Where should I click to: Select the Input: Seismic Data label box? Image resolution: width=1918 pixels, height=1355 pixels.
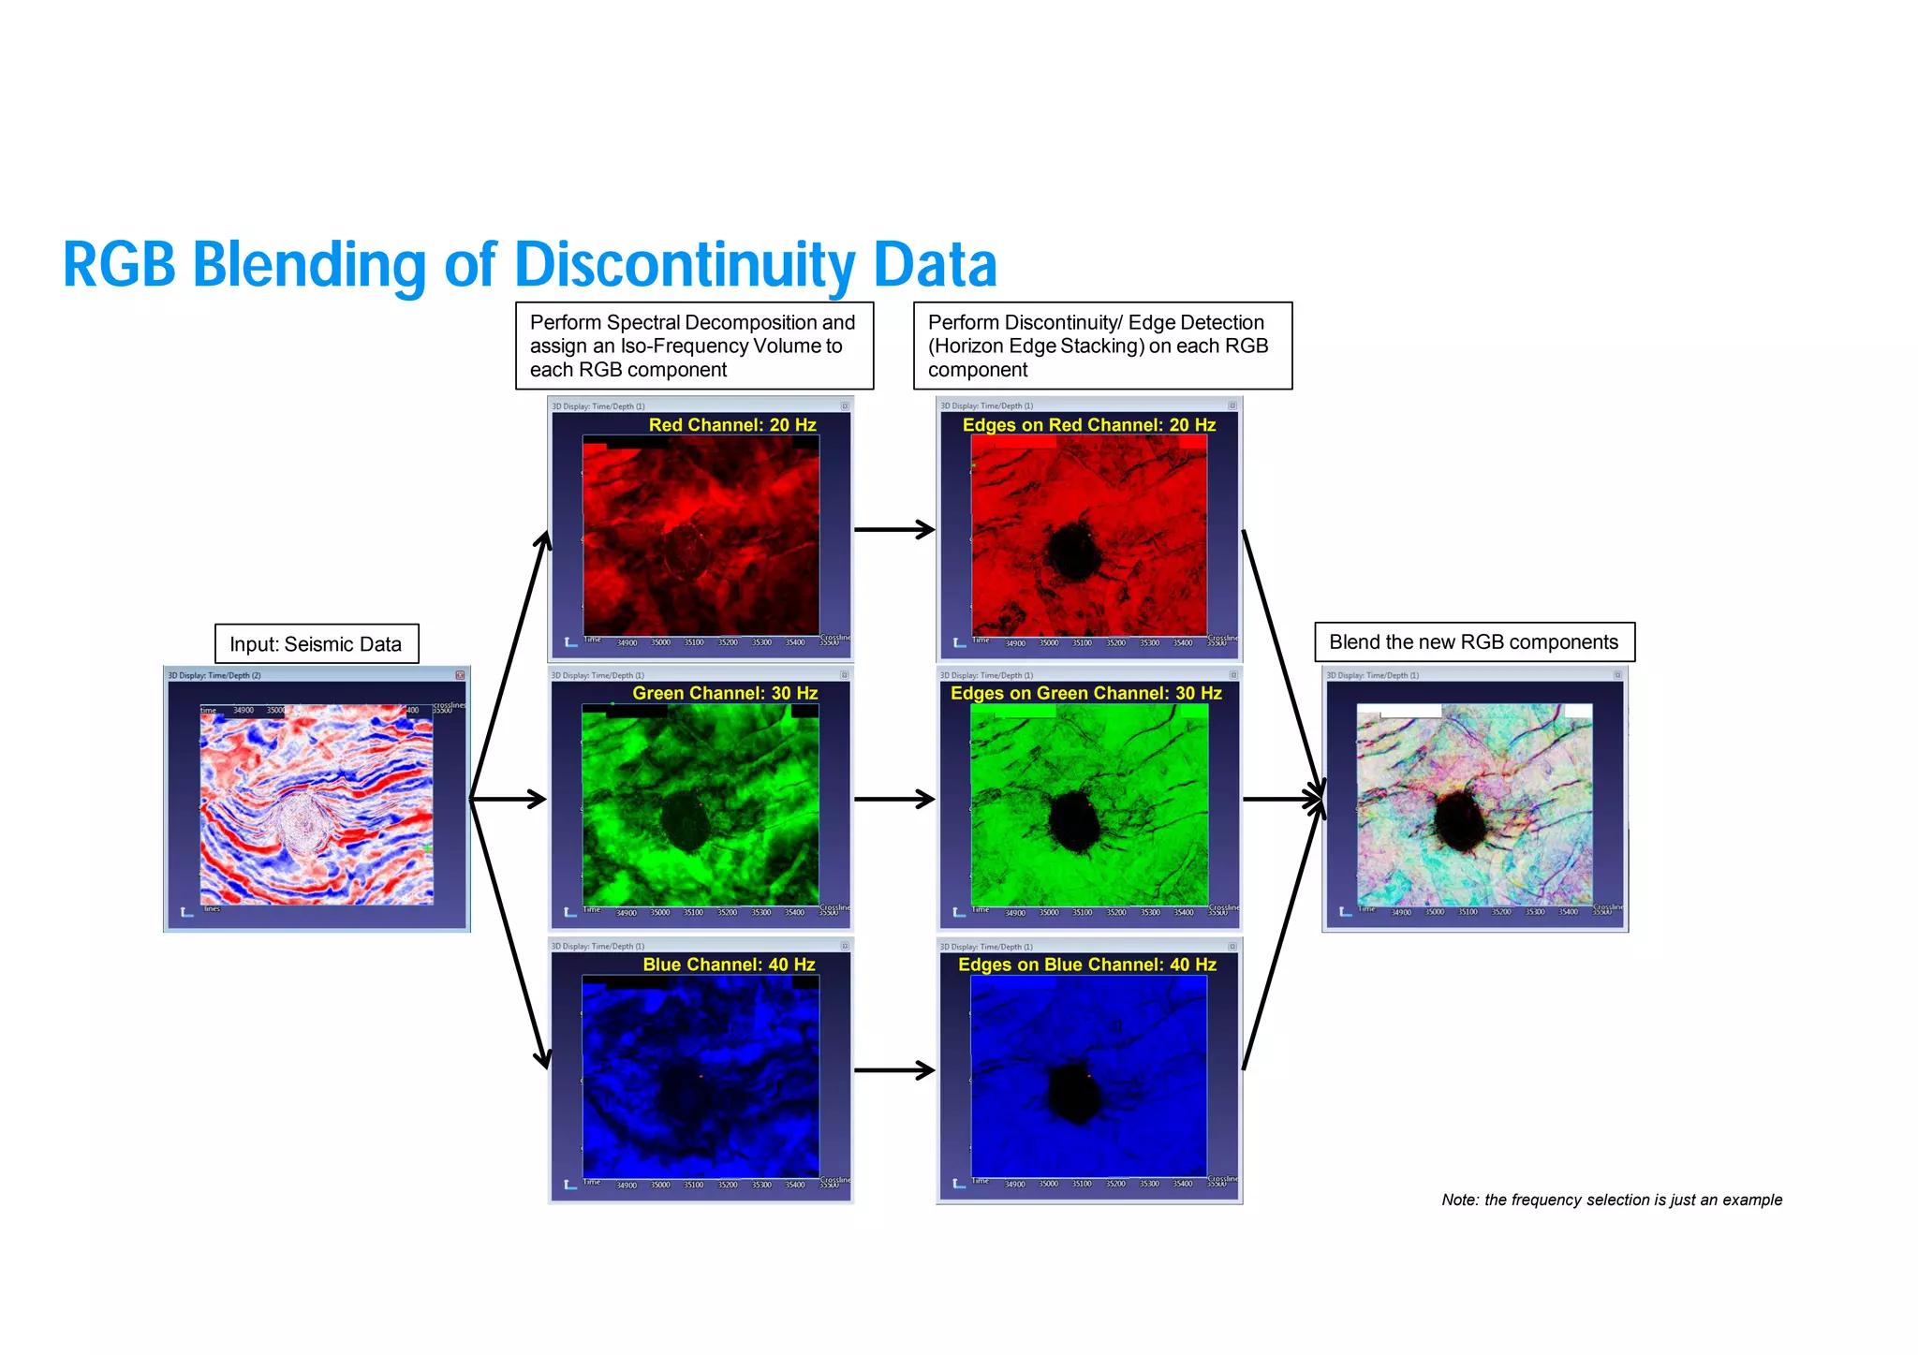click(x=316, y=644)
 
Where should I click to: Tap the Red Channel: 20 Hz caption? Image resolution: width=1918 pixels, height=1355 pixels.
click(x=731, y=425)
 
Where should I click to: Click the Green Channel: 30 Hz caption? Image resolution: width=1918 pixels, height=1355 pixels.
click(x=724, y=694)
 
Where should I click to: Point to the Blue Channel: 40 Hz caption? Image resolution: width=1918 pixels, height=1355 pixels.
click(x=728, y=965)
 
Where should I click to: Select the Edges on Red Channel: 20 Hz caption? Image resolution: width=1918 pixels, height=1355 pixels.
click(x=1088, y=425)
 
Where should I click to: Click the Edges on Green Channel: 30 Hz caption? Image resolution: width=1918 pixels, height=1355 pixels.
click(x=1085, y=694)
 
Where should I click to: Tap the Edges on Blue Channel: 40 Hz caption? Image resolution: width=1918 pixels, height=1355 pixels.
click(x=1086, y=965)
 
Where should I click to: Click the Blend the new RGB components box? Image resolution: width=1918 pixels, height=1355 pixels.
click(x=1473, y=642)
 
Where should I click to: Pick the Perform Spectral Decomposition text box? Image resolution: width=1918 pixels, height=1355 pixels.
click(x=693, y=346)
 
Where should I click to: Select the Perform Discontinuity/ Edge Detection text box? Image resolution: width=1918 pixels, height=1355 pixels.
click(x=1101, y=346)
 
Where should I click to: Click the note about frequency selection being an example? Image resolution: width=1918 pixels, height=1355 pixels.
click(x=1611, y=1200)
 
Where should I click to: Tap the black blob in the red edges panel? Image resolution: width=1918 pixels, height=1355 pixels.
click(x=1074, y=551)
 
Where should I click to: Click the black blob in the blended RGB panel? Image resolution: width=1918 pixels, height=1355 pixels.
click(x=1460, y=818)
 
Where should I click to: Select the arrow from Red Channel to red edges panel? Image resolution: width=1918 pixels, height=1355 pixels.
click(x=894, y=530)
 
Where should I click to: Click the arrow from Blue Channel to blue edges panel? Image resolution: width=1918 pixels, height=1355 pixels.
click(x=894, y=1070)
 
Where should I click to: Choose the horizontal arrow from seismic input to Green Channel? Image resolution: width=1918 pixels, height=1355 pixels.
click(x=509, y=799)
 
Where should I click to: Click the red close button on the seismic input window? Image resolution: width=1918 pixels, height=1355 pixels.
click(x=460, y=675)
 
